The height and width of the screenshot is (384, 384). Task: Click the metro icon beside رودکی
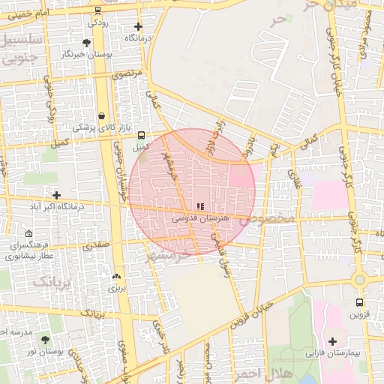(x=97, y=10)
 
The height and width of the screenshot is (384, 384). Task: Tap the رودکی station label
(x=97, y=22)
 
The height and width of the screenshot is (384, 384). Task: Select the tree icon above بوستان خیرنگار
(x=87, y=43)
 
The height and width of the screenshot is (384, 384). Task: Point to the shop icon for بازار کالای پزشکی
(x=101, y=115)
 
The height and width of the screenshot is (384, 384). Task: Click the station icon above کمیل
(x=141, y=135)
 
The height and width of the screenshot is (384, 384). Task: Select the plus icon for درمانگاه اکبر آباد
(x=56, y=195)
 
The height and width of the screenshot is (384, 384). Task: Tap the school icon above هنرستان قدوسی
(x=199, y=205)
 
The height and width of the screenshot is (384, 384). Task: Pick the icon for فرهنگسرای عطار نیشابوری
(x=28, y=233)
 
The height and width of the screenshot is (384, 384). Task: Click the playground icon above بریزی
(x=115, y=275)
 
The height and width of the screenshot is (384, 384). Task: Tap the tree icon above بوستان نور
(x=46, y=340)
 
